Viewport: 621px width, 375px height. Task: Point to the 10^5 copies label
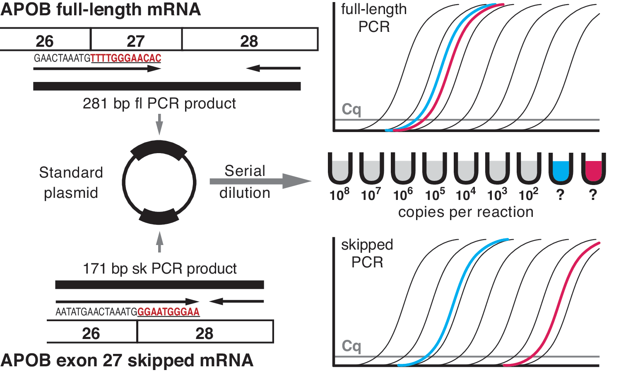pos(435,195)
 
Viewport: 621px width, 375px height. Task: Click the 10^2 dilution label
pos(528,195)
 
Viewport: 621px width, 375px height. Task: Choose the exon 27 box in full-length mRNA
pos(136,39)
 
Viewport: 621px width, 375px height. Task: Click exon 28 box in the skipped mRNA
pos(205,332)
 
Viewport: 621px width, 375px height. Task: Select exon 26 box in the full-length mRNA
pos(45,39)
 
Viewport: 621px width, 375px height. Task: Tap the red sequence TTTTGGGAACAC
pos(126,58)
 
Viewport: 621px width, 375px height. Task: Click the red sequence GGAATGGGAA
pos(168,312)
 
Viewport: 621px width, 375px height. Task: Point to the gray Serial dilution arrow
pos(260,181)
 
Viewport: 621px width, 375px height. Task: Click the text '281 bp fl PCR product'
pos(159,103)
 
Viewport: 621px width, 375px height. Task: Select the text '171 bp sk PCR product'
pos(160,269)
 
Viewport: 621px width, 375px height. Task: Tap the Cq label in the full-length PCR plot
pos(351,110)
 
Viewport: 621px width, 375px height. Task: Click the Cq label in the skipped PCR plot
pos(351,346)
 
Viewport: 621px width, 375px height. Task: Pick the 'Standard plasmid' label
pos(71,183)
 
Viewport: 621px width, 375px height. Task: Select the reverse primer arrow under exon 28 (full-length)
pos(273,68)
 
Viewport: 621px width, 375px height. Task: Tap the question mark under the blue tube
pos(560,195)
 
